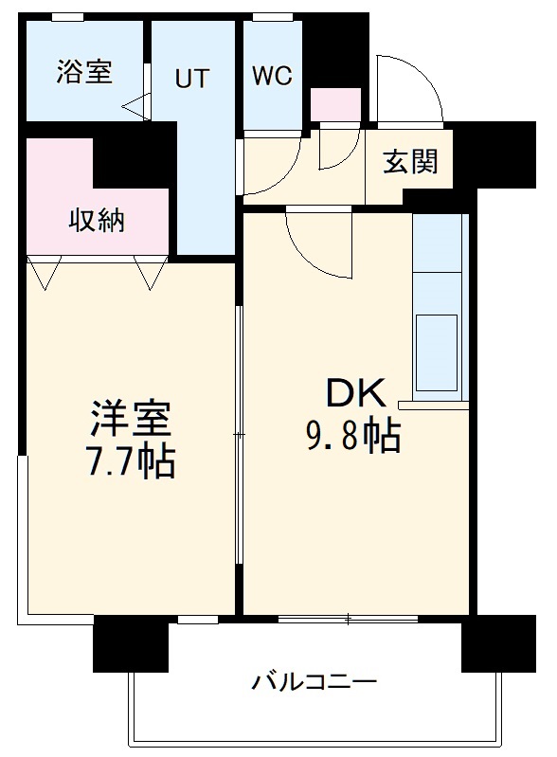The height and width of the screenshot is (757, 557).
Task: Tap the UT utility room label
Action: (x=191, y=80)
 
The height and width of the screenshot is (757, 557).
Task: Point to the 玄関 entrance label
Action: (x=410, y=162)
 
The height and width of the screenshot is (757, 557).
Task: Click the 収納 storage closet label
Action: (x=97, y=221)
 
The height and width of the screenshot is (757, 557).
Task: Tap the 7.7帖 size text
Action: (x=130, y=461)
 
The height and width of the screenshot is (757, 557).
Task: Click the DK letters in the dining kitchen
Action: (x=355, y=393)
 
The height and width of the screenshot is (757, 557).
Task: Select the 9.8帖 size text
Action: (x=352, y=435)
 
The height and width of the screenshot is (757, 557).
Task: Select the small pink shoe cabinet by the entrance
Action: (x=335, y=104)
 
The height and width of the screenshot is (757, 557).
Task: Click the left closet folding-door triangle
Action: (x=44, y=274)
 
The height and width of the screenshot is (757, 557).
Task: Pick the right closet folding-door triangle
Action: (x=150, y=274)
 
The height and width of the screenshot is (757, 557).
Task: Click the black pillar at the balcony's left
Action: (x=117, y=643)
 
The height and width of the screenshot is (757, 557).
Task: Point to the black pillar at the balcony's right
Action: (x=497, y=642)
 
